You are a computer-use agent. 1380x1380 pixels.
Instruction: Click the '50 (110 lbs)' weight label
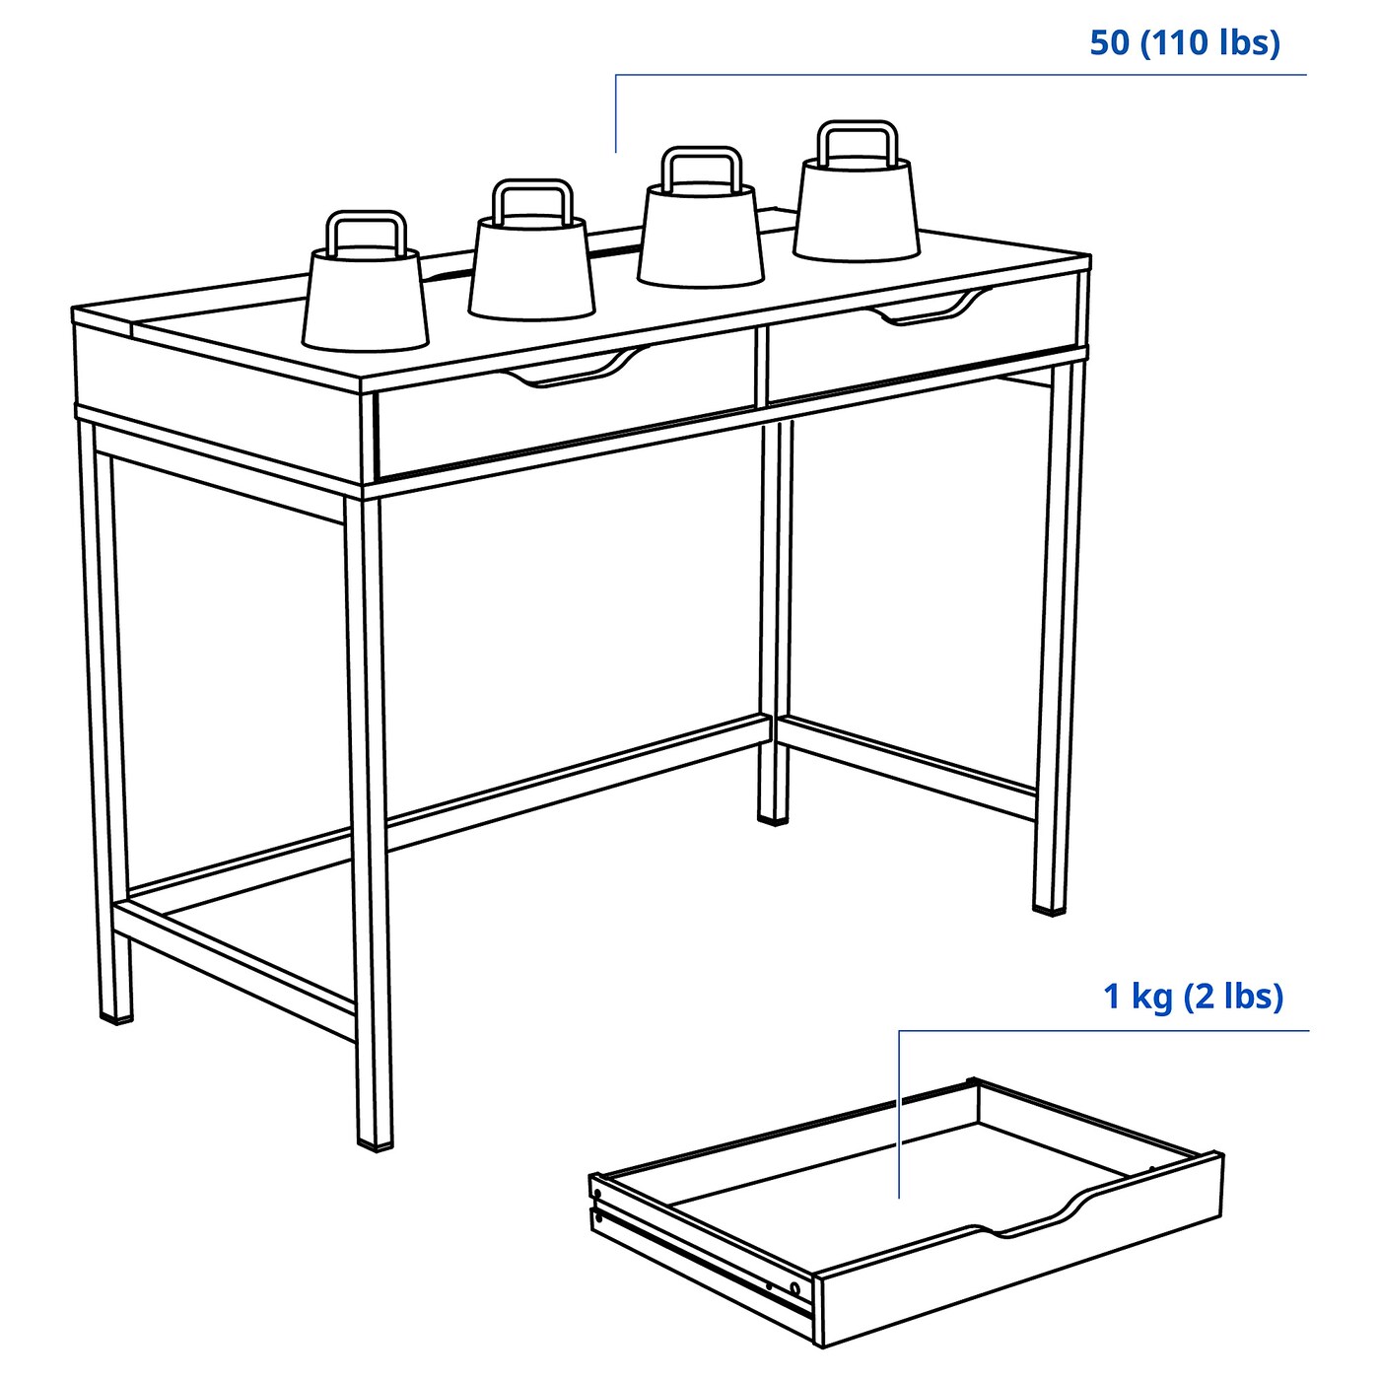click(x=1184, y=43)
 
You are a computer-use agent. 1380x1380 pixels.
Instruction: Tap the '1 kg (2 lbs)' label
click(x=1193, y=997)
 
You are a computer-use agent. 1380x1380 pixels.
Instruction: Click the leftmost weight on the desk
click(x=366, y=300)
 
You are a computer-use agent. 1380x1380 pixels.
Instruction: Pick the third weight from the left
click(x=701, y=237)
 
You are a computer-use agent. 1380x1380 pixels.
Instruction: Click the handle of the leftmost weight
click(x=366, y=231)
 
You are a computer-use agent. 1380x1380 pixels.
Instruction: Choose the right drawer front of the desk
click(x=922, y=345)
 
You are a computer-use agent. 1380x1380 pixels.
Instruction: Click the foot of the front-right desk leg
click(x=1050, y=905)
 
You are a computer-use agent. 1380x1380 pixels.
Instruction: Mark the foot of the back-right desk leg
click(x=774, y=816)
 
